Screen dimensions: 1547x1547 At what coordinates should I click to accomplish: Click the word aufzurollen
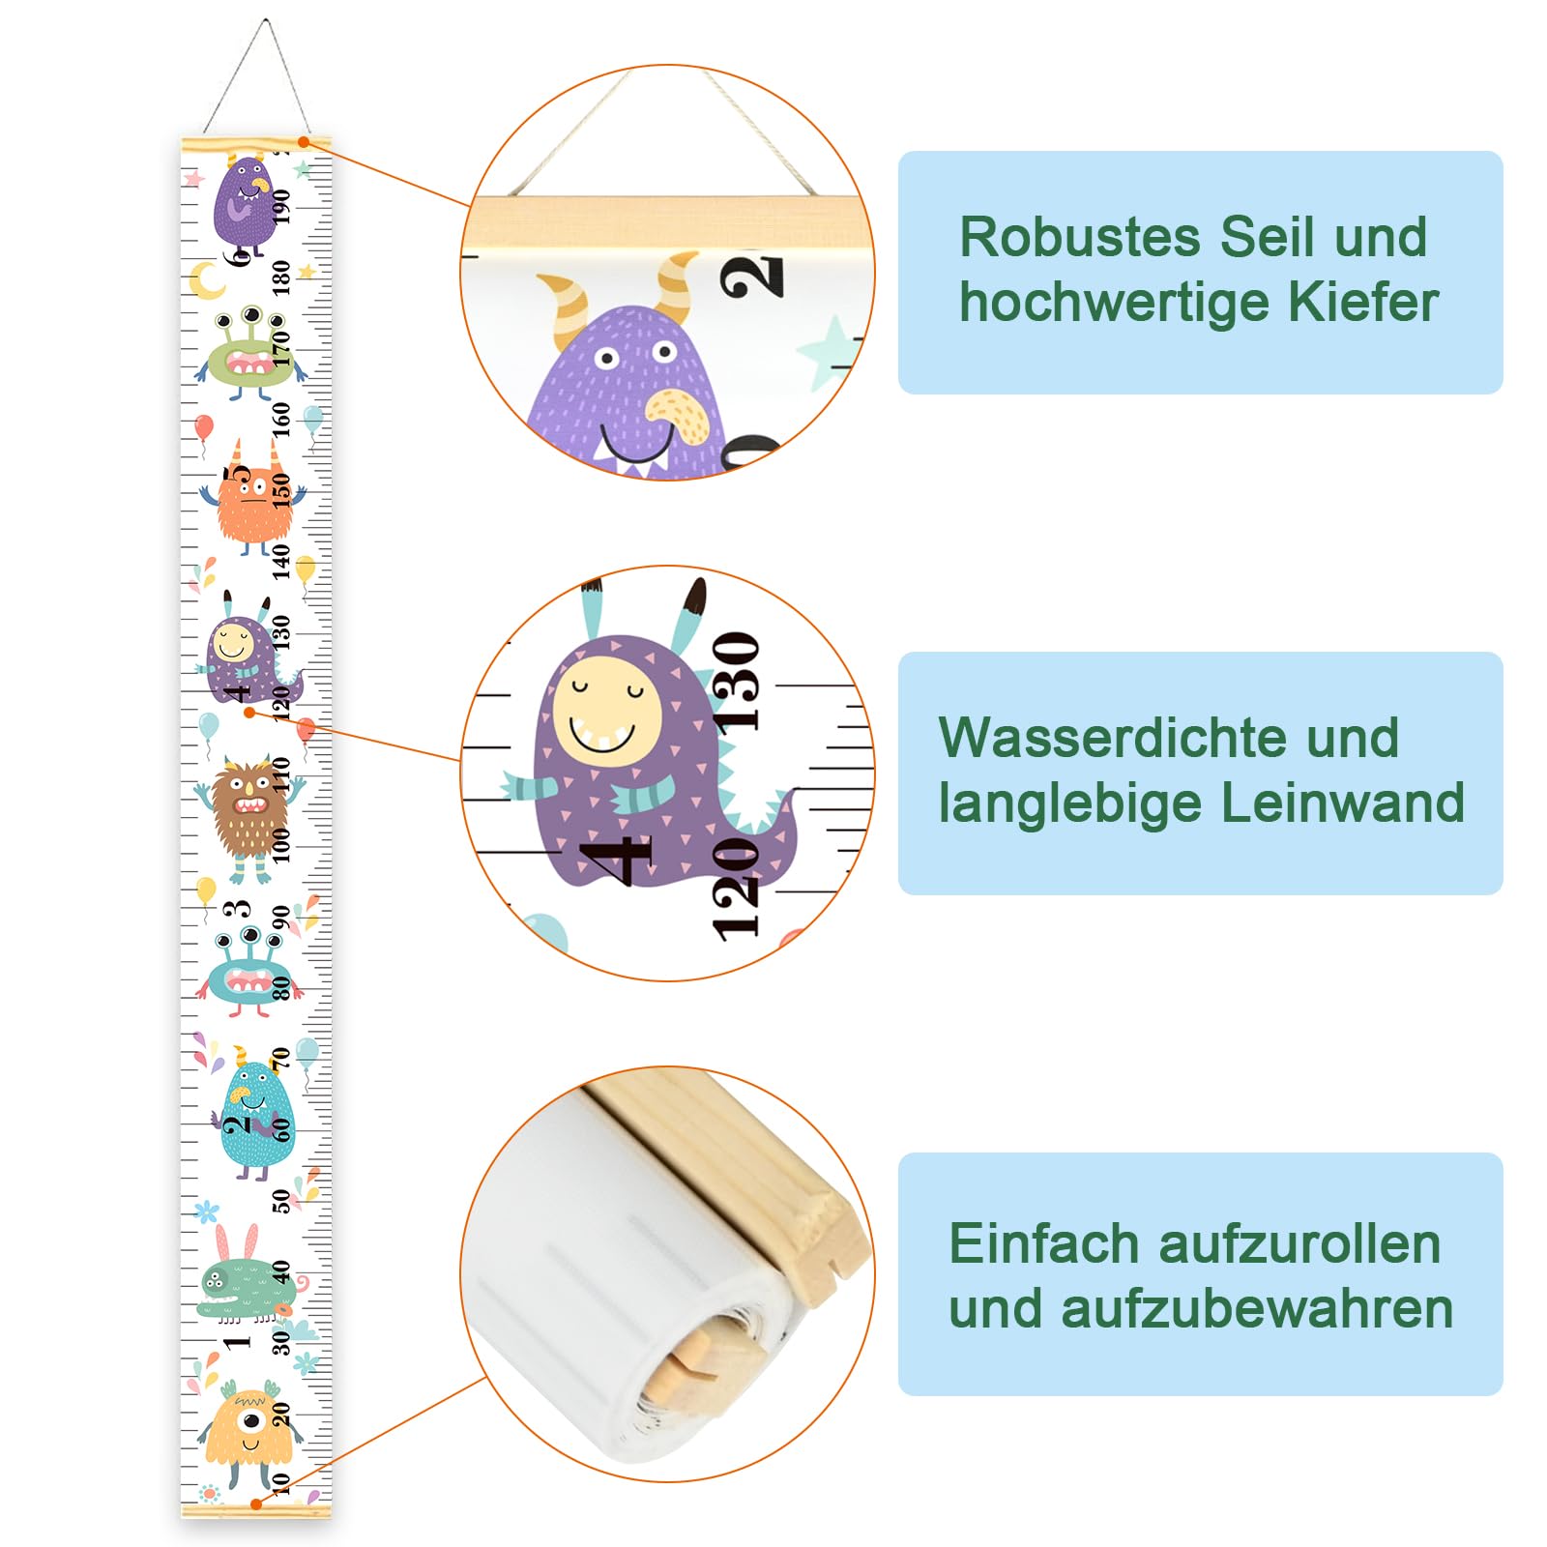pyautogui.click(x=1299, y=1243)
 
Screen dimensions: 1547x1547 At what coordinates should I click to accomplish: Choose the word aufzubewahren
pyautogui.click(x=1257, y=1309)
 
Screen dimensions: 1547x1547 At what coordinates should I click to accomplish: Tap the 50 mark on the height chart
pyautogui.click(x=280, y=1201)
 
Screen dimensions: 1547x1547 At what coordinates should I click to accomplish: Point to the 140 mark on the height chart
pyautogui.click(x=280, y=562)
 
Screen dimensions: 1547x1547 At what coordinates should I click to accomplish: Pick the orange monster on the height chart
pyautogui.click(x=253, y=501)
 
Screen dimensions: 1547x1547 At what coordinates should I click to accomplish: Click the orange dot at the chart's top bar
pyautogui.click(x=304, y=142)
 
